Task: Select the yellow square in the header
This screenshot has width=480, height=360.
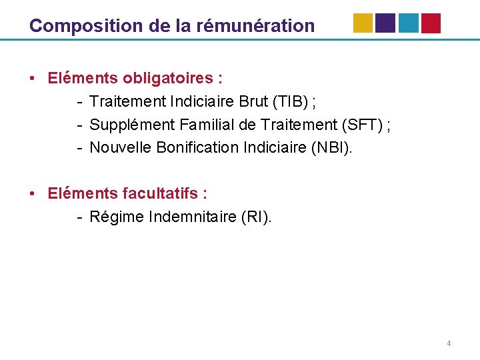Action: (363, 23)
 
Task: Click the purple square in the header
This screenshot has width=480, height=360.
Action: (385, 23)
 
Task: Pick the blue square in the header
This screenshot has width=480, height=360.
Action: (408, 23)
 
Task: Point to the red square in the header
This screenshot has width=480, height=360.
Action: (431, 23)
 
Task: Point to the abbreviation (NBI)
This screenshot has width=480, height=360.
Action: (330, 147)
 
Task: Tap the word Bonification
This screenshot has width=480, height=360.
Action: (197, 147)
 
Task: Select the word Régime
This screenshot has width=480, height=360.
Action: (114, 217)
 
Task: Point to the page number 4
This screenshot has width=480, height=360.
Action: (449, 343)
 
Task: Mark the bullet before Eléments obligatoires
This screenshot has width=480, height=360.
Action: (32, 79)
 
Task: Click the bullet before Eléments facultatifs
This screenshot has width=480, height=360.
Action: (32, 194)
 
